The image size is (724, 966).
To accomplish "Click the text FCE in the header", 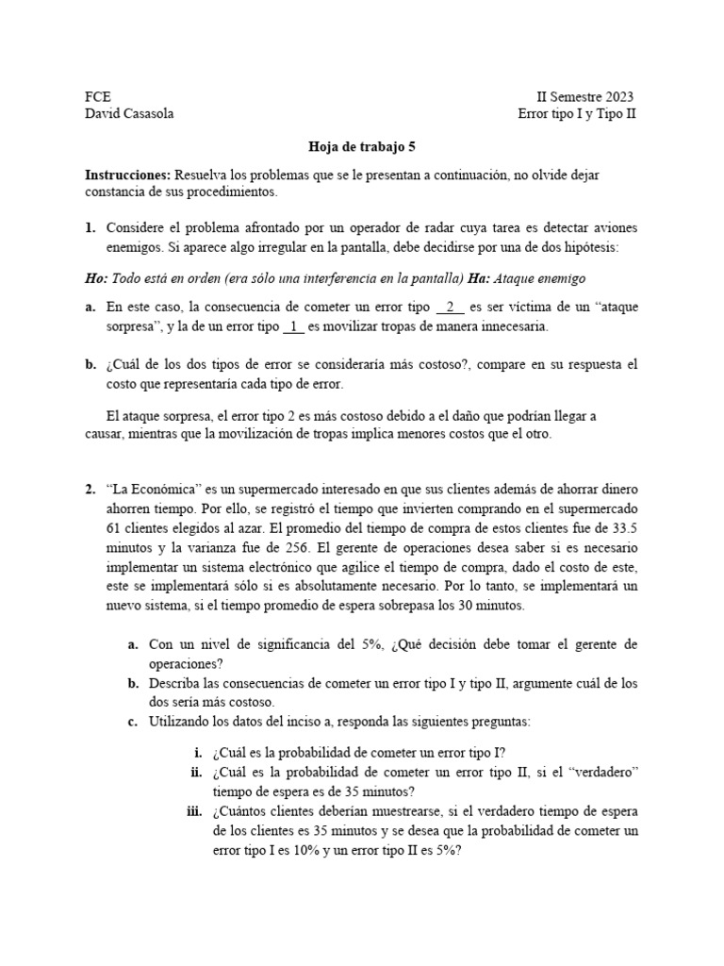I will coord(97,97).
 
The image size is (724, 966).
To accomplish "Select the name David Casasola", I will coord(129,114).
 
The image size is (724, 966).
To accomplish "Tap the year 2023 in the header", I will coord(617,97).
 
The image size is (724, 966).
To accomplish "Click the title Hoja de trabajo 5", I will coord(362,147).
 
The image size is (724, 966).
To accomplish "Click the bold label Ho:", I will coord(97,279).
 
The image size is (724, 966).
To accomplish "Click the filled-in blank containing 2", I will coord(451,308).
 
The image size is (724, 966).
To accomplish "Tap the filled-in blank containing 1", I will coord(293,326).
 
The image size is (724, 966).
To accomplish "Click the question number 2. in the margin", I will coord(90,490).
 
